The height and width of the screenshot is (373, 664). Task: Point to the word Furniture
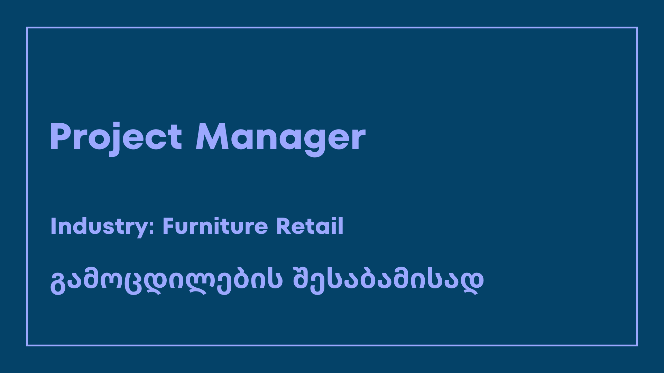(x=215, y=226)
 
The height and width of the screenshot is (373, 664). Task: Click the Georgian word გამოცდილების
(x=166, y=280)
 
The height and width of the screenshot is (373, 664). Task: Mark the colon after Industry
(x=152, y=228)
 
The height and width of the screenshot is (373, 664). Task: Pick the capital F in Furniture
(x=168, y=226)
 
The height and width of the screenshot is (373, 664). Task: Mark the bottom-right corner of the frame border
(x=637, y=345)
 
